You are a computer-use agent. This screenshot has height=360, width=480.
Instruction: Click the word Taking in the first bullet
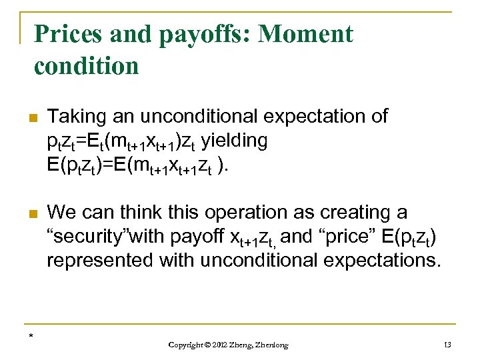77,117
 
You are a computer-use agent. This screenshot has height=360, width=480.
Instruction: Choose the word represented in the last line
100,261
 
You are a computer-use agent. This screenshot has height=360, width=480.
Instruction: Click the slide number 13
447,344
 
